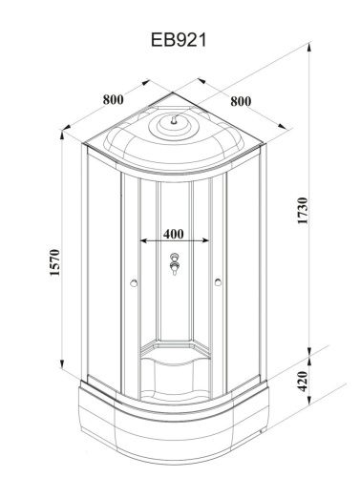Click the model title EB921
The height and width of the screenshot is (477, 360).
coord(179,40)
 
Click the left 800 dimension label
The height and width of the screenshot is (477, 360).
coord(113,99)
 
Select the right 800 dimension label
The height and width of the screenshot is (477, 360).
coord(241,101)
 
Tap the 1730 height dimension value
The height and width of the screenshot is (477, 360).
coord(303,211)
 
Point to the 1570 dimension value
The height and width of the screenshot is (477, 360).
coord(54,262)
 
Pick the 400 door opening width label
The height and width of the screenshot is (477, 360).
coord(174,234)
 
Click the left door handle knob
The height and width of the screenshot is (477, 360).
coord(134,282)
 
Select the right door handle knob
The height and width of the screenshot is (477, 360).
coord(218,282)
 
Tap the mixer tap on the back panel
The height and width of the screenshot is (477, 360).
coord(175,263)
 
